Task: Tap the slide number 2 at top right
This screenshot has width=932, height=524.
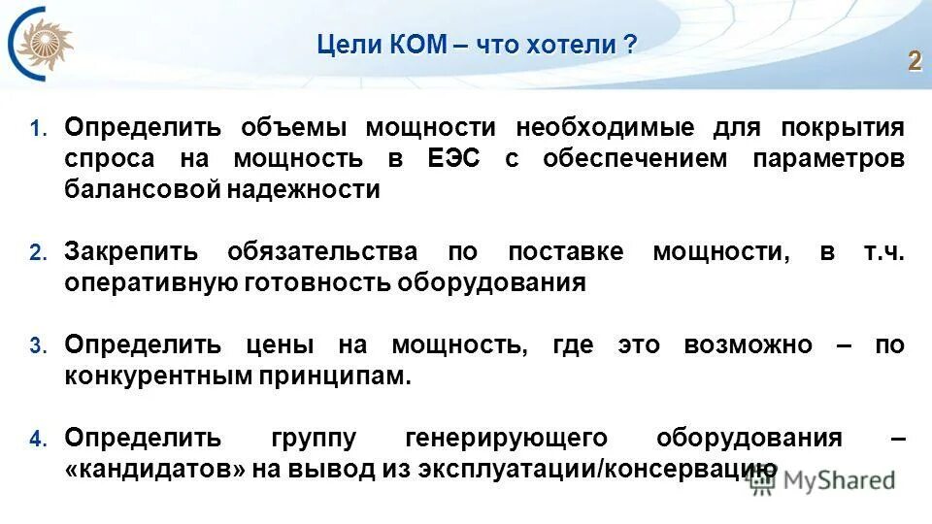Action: [x=914, y=61]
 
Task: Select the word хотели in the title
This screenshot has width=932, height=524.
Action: [x=571, y=45]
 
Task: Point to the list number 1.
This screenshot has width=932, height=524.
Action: [x=37, y=128]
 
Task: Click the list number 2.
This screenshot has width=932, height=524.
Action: [x=37, y=253]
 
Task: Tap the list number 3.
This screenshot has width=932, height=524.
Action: [x=37, y=346]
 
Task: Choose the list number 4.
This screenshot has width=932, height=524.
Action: [x=37, y=439]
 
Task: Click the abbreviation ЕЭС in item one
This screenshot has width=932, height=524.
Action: [x=453, y=159]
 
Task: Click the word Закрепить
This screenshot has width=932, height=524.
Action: [x=131, y=252]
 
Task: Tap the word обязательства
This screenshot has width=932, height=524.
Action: [x=322, y=252]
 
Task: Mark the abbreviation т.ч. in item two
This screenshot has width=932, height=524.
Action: [x=883, y=252]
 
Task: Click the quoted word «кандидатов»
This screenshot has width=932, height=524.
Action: [x=154, y=469]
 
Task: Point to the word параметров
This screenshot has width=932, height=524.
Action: [x=828, y=159]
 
